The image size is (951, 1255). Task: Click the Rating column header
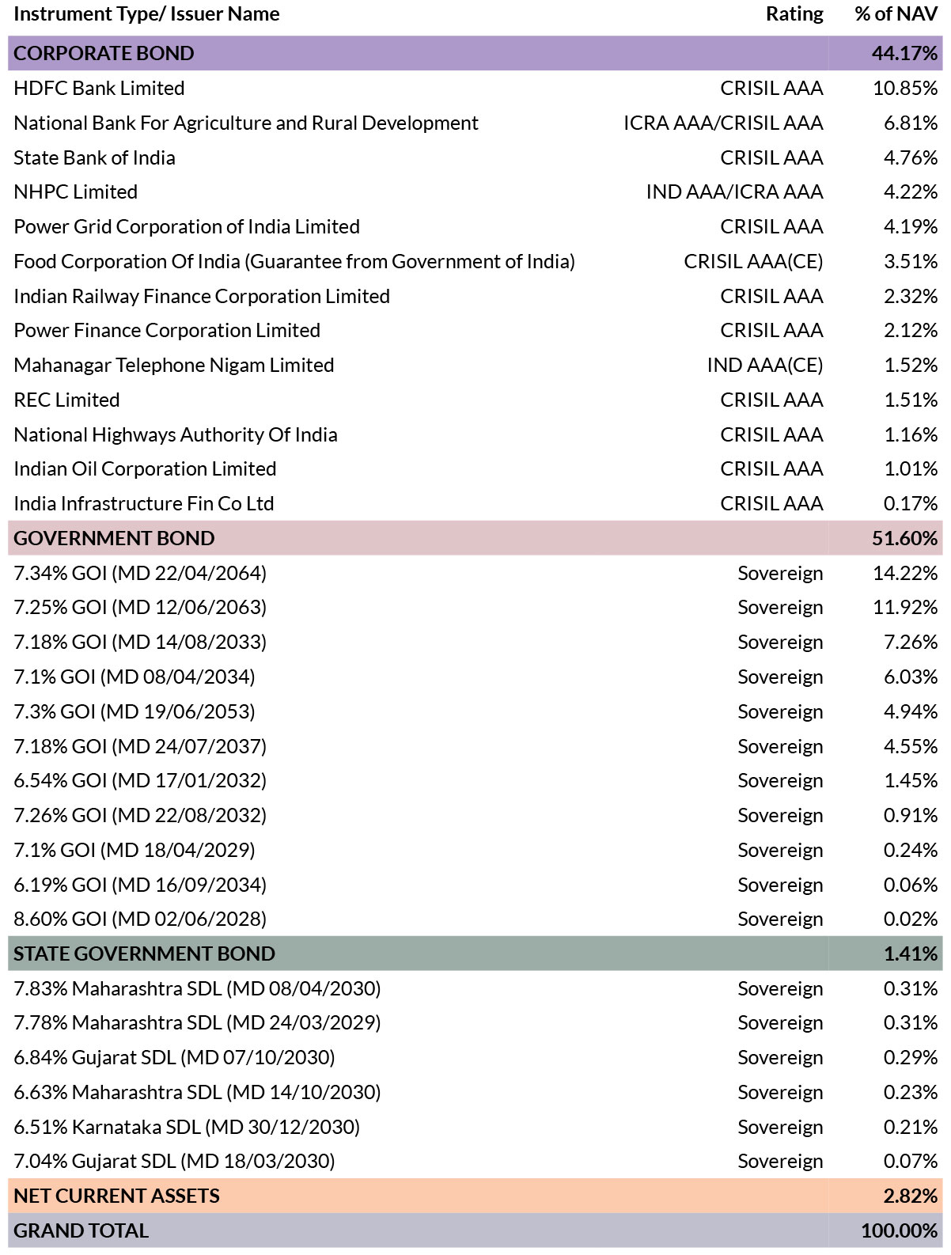coord(794,14)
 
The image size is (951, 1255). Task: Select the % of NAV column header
coord(896,14)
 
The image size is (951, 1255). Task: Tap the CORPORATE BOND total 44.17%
coord(904,53)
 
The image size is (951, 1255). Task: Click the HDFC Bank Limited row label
coord(99,88)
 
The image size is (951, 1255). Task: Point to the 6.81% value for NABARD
coord(911,123)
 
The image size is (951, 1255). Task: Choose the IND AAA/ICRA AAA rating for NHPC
coord(734,191)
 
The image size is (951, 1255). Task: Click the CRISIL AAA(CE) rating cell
coord(753,261)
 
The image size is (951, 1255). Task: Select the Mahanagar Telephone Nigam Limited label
coord(174,365)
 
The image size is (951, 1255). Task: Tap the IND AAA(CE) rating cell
coord(765,365)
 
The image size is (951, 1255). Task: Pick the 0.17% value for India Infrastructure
coord(911,503)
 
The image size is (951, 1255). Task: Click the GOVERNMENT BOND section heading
coord(114,538)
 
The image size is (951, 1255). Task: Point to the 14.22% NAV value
coord(905,573)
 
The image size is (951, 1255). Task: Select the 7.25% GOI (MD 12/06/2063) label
coord(140,607)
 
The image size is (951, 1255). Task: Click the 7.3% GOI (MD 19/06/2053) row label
coord(135,711)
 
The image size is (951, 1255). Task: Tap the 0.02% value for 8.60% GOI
coord(911,919)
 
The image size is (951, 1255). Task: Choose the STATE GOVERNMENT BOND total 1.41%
coord(911,954)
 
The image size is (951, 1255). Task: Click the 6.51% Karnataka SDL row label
coord(187,1127)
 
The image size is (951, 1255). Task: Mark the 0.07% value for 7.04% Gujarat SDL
coord(911,1162)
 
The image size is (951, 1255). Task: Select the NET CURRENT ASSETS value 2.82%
coord(911,1196)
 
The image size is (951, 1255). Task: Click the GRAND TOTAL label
coord(81,1231)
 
